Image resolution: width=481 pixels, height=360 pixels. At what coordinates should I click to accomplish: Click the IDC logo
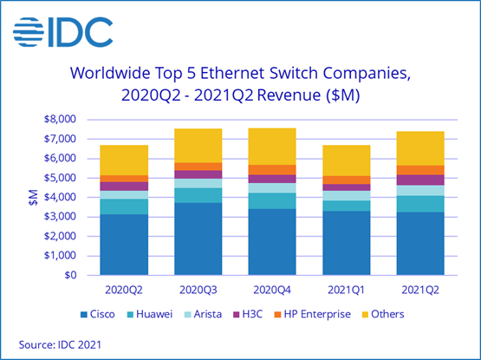[62, 31]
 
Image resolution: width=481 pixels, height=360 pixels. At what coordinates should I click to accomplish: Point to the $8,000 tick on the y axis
[61, 120]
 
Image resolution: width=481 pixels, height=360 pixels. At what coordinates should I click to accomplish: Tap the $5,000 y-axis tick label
[61, 178]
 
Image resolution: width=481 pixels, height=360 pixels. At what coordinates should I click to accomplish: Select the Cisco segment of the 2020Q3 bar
[198, 239]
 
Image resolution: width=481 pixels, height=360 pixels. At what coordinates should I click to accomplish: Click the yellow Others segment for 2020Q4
[272, 146]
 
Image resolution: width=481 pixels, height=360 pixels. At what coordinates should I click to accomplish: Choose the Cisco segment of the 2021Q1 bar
[347, 243]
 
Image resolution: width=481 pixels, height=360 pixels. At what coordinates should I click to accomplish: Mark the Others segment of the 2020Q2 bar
[123, 160]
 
